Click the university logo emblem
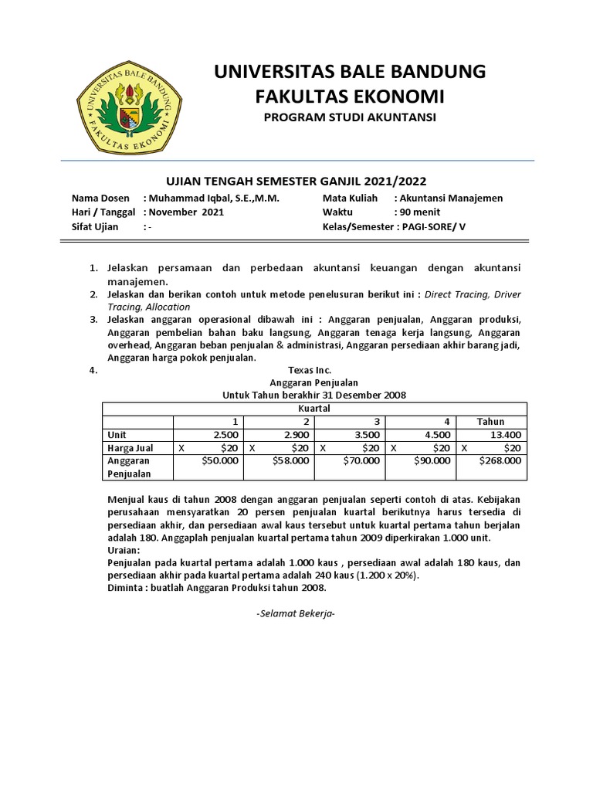(128, 106)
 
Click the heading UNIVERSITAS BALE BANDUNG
(350, 72)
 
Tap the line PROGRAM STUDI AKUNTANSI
(350, 117)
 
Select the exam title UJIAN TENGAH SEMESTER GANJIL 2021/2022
(296, 181)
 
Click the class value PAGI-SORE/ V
(437, 227)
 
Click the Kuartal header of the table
(313, 408)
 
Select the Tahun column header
(490, 421)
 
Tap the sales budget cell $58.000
(291, 460)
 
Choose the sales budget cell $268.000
(500, 460)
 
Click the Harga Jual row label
(130, 448)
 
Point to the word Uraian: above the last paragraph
(124, 549)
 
